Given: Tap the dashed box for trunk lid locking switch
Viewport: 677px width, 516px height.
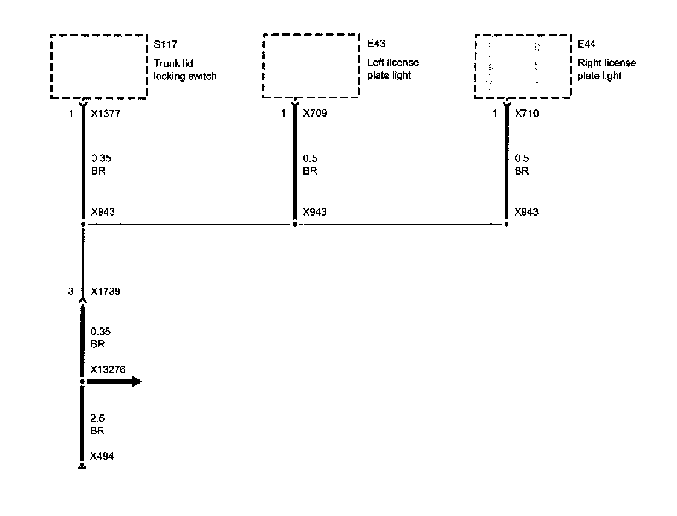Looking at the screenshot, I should (99, 66).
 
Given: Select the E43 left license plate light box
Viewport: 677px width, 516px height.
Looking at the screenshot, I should (312, 66).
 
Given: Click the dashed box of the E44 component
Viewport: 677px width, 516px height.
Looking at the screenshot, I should (523, 66).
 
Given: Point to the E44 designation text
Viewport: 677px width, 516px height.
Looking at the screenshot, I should (586, 45).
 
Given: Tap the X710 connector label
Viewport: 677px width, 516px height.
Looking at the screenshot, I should (526, 113).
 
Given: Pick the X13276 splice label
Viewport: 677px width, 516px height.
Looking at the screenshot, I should (108, 369).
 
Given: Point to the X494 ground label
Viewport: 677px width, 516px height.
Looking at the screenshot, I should (102, 456).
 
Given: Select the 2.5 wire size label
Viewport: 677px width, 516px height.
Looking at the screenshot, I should (97, 419).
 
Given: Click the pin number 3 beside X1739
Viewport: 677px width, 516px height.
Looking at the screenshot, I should (71, 291).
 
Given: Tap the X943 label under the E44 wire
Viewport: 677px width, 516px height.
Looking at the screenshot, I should (526, 212).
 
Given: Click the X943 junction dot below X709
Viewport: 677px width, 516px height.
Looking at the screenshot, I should (294, 224).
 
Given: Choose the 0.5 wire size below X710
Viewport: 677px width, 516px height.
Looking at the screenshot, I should (521, 158).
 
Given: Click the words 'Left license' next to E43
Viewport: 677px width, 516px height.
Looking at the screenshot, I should (393, 63).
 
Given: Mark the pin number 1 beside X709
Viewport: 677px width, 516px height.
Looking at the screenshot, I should (283, 113).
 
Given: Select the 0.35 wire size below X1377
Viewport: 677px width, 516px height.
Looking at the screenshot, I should (100, 158).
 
